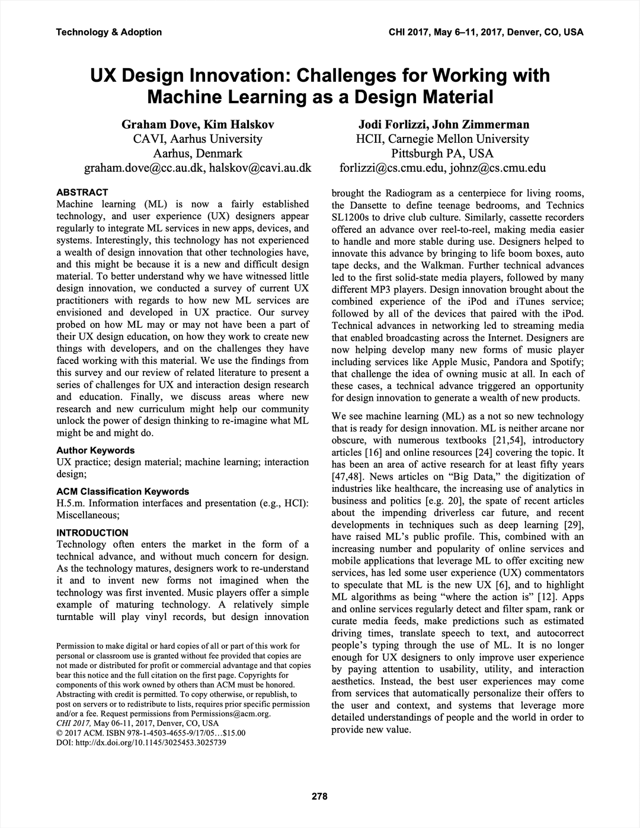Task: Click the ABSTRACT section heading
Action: (x=82, y=192)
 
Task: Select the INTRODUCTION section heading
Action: (x=92, y=533)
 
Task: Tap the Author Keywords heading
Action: (x=95, y=450)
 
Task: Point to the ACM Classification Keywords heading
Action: (x=123, y=491)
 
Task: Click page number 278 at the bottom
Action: (x=319, y=797)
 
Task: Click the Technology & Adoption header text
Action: (x=108, y=32)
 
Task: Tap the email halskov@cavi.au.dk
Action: (x=260, y=168)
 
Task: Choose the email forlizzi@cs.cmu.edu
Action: (x=392, y=168)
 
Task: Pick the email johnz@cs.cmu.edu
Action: (x=498, y=168)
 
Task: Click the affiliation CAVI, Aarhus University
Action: (x=197, y=139)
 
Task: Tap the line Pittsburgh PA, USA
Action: (x=442, y=154)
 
